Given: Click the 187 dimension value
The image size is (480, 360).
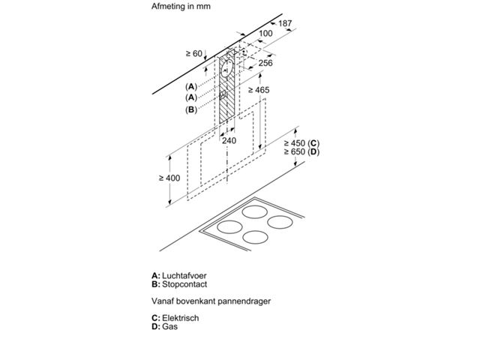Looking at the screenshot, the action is click(285, 23).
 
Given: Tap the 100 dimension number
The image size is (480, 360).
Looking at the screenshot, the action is click(265, 33).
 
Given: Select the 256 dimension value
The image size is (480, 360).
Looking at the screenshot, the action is click(265, 63).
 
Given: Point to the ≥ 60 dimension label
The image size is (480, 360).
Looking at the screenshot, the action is click(194, 53).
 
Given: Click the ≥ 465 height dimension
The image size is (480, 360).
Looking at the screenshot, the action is click(259, 90).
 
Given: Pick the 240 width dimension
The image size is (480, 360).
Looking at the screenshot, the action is click(229, 140).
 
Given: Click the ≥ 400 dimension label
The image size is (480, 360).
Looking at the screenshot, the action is click(169, 178).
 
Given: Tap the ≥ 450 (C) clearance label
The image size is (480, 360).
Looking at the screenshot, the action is click(301, 143).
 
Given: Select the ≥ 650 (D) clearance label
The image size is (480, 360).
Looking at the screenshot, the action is click(301, 151).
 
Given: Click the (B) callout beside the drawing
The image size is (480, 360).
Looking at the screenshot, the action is click(191, 109).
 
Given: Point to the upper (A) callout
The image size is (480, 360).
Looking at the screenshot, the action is click(191, 87).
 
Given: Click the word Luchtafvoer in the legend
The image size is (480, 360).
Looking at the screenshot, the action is click(184, 275).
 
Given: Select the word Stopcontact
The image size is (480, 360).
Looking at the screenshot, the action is click(184, 284).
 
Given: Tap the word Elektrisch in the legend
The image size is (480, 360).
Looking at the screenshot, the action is click(181, 318).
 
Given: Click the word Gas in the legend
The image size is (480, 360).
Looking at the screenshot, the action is click(170, 326).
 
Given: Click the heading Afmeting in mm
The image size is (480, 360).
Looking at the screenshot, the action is click(181, 6).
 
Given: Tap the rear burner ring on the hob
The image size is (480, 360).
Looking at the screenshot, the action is click(255, 211).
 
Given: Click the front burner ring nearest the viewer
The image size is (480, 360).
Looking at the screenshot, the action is click(255, 237).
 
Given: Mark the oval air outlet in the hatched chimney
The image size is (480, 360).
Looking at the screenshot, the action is click(226, 68).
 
